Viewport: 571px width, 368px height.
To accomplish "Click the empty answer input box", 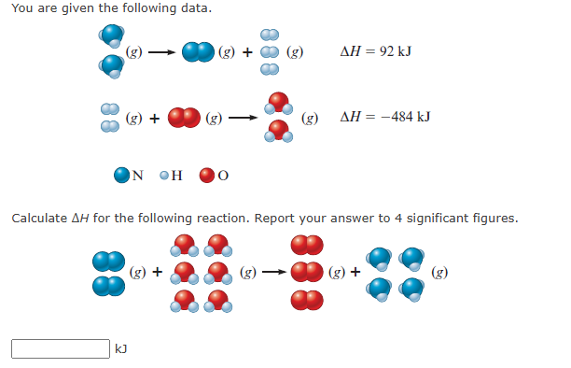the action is pyautogui.click(x=61, y=348).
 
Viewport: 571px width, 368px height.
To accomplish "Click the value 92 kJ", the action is pyautogui.click(x=396, y=51).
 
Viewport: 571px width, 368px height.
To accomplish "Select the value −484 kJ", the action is pyautogui.click(x=406, y=117).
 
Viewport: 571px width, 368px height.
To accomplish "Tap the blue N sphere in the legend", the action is pyautogui.click(x=121, y=175).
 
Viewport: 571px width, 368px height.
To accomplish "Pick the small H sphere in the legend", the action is pyautogui.click(x=164, y=176).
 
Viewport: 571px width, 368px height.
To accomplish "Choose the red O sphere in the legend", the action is pyautogui.click(x=207, y=175).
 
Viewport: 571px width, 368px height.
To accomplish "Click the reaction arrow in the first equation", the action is pyautogui.click(x=162, y=52).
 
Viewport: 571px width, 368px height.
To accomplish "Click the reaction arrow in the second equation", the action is pyautogui.click(x=243, y=118).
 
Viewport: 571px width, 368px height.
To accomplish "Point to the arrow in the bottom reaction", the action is pyautogui.click(x=274, y=272).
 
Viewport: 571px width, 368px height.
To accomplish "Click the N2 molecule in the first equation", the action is pyautogui.click(x=198, y=51).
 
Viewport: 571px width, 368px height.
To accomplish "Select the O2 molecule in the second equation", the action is pyautogui.click(x=184, y=118).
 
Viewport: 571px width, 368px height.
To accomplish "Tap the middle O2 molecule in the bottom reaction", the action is pyautogui.click(x=307, y=272).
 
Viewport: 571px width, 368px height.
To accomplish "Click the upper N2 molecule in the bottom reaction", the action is pyautogui.click(x=109, y=262).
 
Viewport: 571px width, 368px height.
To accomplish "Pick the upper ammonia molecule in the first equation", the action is pyautogui.click(x=112, y=35).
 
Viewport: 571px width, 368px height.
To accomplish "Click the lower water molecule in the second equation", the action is pyautogui.click(x=279, y=132).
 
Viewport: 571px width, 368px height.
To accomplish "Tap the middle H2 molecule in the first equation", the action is pyautogui.click(x=270, y=52).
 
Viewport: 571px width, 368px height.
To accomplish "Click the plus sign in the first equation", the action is pyautogui.click(x=247, y=52).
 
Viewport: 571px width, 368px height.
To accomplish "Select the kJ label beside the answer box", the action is pyautogui.click(x=121, y=348).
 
